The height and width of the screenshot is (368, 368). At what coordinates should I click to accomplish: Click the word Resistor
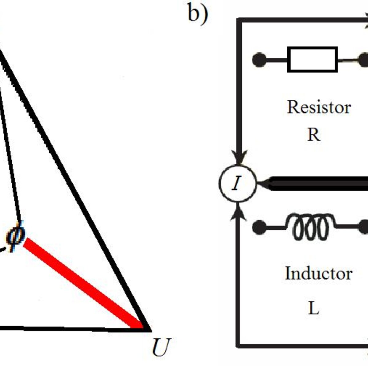pos(319,107)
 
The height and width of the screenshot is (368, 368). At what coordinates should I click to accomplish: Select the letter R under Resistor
pos(314,135)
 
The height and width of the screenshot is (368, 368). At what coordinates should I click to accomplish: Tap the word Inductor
pos(319,273)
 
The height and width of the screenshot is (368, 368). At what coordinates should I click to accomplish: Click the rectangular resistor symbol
pos(312,59)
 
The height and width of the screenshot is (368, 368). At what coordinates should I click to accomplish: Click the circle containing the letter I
pos(237,183)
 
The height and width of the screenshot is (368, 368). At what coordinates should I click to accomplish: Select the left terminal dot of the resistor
pos(259,60)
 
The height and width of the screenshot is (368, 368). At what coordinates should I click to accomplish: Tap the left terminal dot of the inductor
pos(259,227)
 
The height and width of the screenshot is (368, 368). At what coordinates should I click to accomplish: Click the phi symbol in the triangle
pos(15,236)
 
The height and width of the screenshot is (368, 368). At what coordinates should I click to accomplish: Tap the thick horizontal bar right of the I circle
pos(319,183)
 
